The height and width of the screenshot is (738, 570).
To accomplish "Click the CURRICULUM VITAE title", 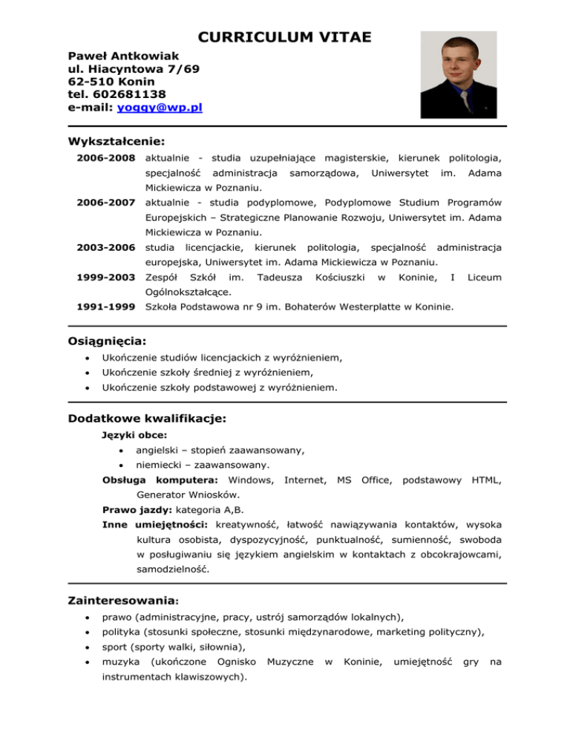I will (285, 36).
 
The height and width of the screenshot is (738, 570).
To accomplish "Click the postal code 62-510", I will (93, 81).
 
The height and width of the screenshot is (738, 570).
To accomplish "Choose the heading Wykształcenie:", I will (116, 141).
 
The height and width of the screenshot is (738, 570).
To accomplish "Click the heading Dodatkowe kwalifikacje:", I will (147, 417).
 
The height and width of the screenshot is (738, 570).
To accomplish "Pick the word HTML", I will (486, 480).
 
